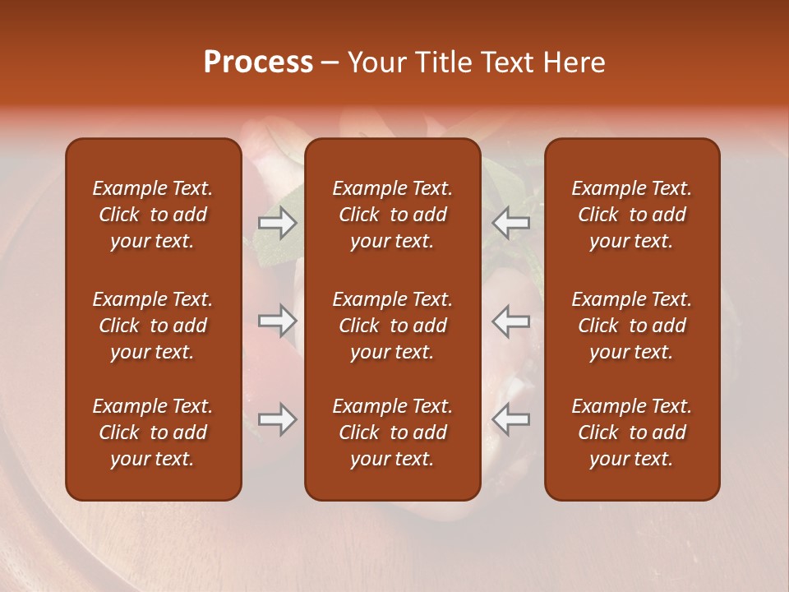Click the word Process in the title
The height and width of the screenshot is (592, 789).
(x=258, y=62)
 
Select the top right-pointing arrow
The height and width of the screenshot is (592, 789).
(x=277, y=223)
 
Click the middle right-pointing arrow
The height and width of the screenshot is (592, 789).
(x=277, y=321)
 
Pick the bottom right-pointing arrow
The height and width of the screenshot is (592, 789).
(x=277, y=419)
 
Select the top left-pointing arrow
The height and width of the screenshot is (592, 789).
(x=510, y=223)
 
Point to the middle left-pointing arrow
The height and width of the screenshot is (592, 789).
(x=510, y=321)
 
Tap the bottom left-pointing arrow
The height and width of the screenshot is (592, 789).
(x=510, y=419)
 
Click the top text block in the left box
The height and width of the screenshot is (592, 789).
(x=153, y=215)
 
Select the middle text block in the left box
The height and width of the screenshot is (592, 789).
(x=153, y=326)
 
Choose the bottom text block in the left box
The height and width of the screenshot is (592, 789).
(x=153, y=432)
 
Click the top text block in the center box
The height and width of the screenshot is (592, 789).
(x=392, y=215)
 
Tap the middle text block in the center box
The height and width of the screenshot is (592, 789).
(x=392, y=326)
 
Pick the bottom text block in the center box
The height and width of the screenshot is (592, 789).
(x=392, y=432)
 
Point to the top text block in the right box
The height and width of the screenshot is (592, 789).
(x=631, y=215)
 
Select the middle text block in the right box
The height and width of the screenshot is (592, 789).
(x=631, y=326)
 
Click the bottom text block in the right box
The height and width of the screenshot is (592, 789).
(x=631, y=432)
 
